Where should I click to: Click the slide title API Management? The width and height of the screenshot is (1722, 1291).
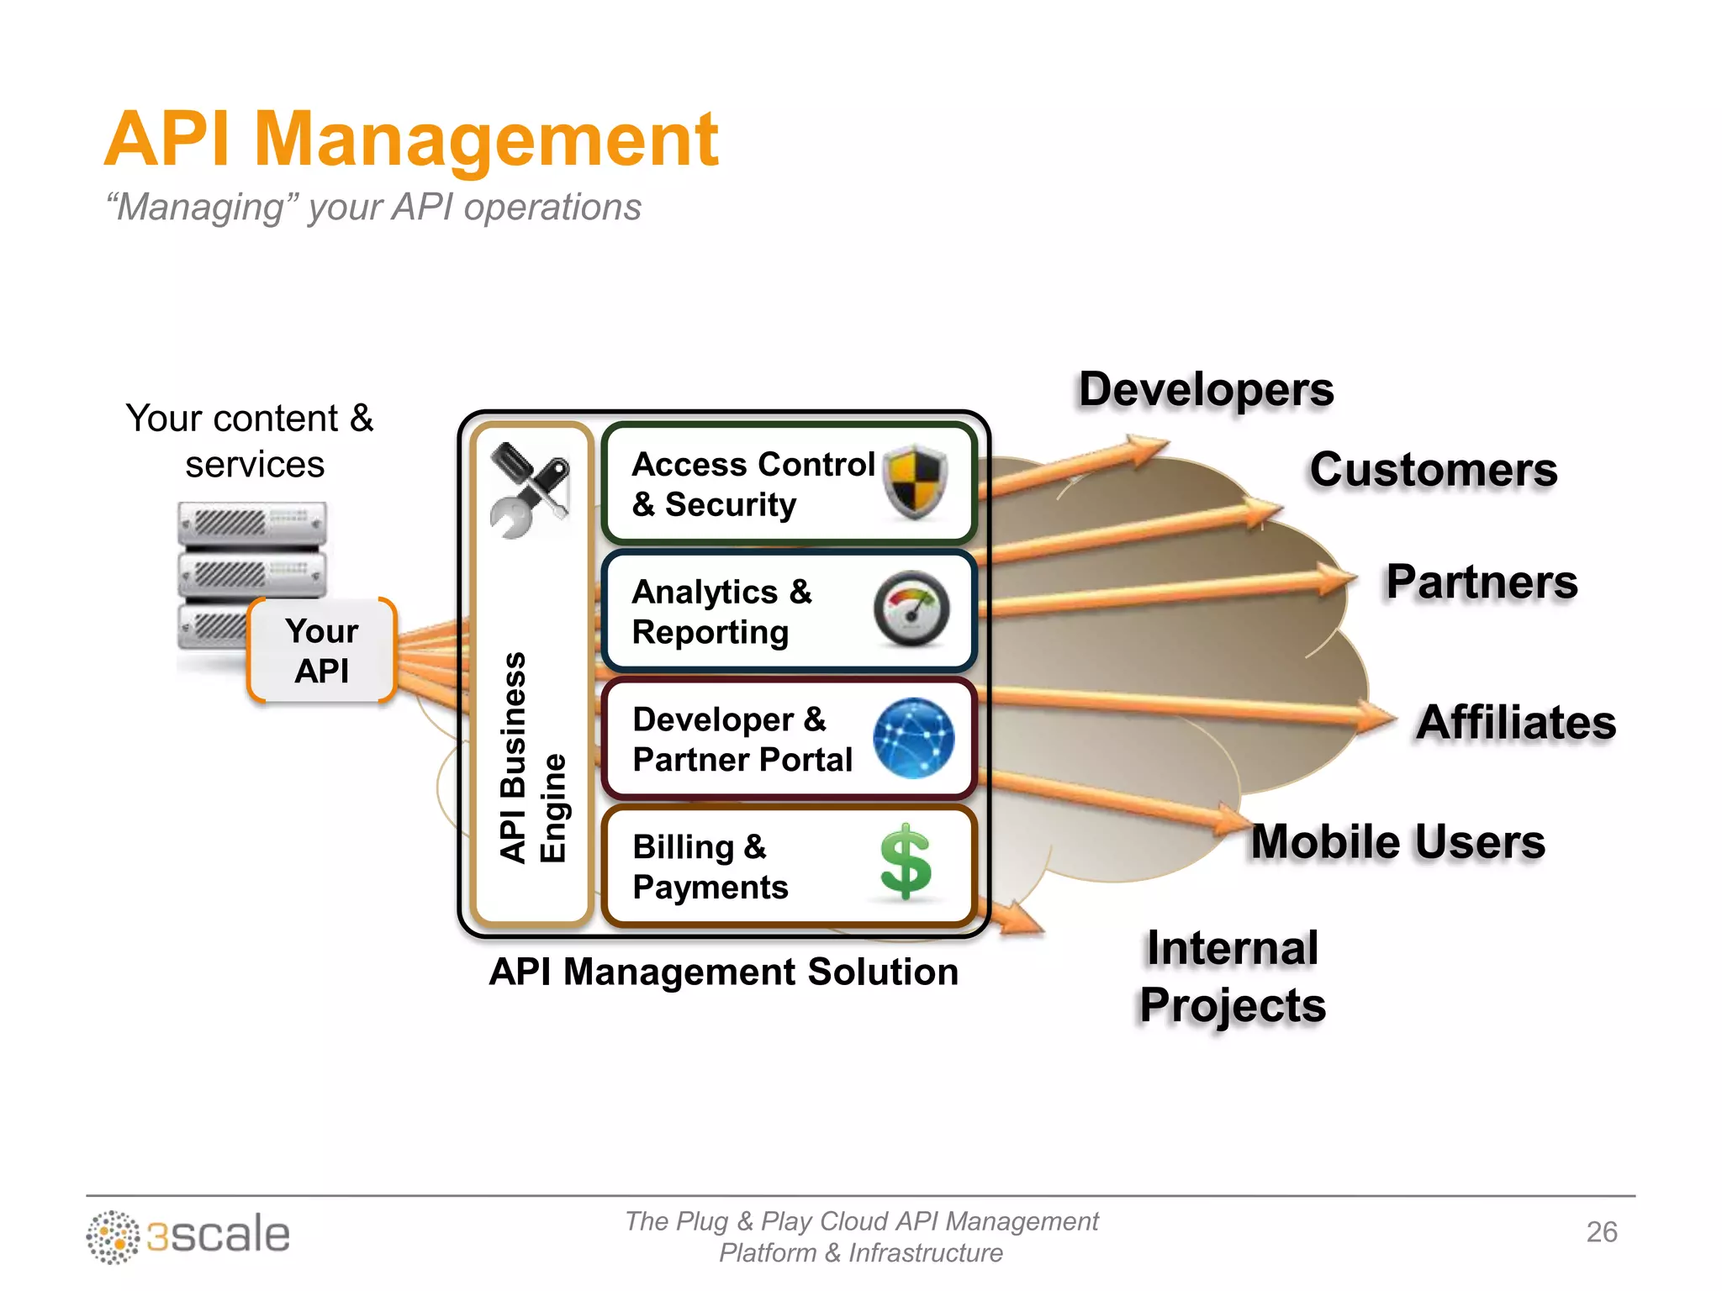[x=412, y=140]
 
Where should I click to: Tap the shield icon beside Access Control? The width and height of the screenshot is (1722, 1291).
[x=916, y=482]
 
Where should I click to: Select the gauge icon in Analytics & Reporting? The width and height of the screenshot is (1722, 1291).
[x=911, y=609]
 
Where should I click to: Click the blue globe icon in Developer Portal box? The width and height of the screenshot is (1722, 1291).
[x=913, y=738]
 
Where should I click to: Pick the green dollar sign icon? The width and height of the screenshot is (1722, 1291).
[x=906, y=862]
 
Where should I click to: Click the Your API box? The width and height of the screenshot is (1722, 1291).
[x=322, y=651]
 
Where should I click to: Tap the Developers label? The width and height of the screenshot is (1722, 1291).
[x=1206, y=390]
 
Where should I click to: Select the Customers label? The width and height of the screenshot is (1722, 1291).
[x=1433, y=469]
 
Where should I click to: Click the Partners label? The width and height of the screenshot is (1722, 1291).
[x=1482, y=582]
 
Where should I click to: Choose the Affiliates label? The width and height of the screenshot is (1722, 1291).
[x=1515, y=722]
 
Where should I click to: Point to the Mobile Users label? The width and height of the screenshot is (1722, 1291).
[x=1397, y=841]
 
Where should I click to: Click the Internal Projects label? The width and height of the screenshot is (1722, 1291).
[x=1233, y=977]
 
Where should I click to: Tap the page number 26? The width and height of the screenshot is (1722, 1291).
[x=1601, y=1231]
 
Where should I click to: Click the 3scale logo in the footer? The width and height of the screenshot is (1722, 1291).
[x=188, y=1236]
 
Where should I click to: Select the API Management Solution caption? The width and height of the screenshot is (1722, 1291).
[x=723, y=972]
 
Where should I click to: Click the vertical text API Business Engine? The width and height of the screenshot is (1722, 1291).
[x=532, y=756]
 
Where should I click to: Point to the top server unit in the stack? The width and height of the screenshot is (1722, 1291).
[x=252, y=523]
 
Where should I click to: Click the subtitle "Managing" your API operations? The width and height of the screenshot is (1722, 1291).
[x=373, y=207]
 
